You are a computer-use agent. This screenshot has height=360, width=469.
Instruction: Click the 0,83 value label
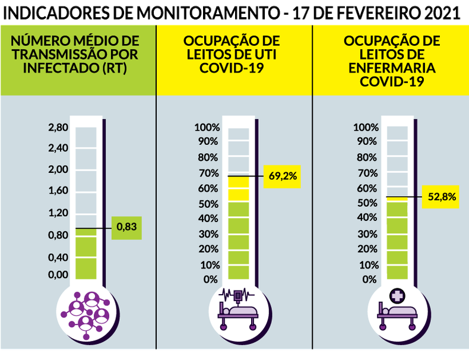pos(126,228)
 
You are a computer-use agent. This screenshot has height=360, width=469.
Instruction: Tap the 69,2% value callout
pos(283,176)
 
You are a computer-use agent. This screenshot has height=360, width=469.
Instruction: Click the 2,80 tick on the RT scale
pos(58,128)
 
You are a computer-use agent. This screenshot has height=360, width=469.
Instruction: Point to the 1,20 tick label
pos(58,212)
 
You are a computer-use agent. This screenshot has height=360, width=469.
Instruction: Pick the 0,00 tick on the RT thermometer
pos(58,274)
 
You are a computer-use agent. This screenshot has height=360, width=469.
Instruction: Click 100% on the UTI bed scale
pos(207,127)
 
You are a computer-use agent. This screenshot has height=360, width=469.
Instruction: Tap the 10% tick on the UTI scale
pos(210,264)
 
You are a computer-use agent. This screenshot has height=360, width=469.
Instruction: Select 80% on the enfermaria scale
pos(366,157)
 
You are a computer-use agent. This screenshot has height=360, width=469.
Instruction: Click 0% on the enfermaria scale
pos(369,279)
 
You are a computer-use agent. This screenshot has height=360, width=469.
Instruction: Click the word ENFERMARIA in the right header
pos(392,68)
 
